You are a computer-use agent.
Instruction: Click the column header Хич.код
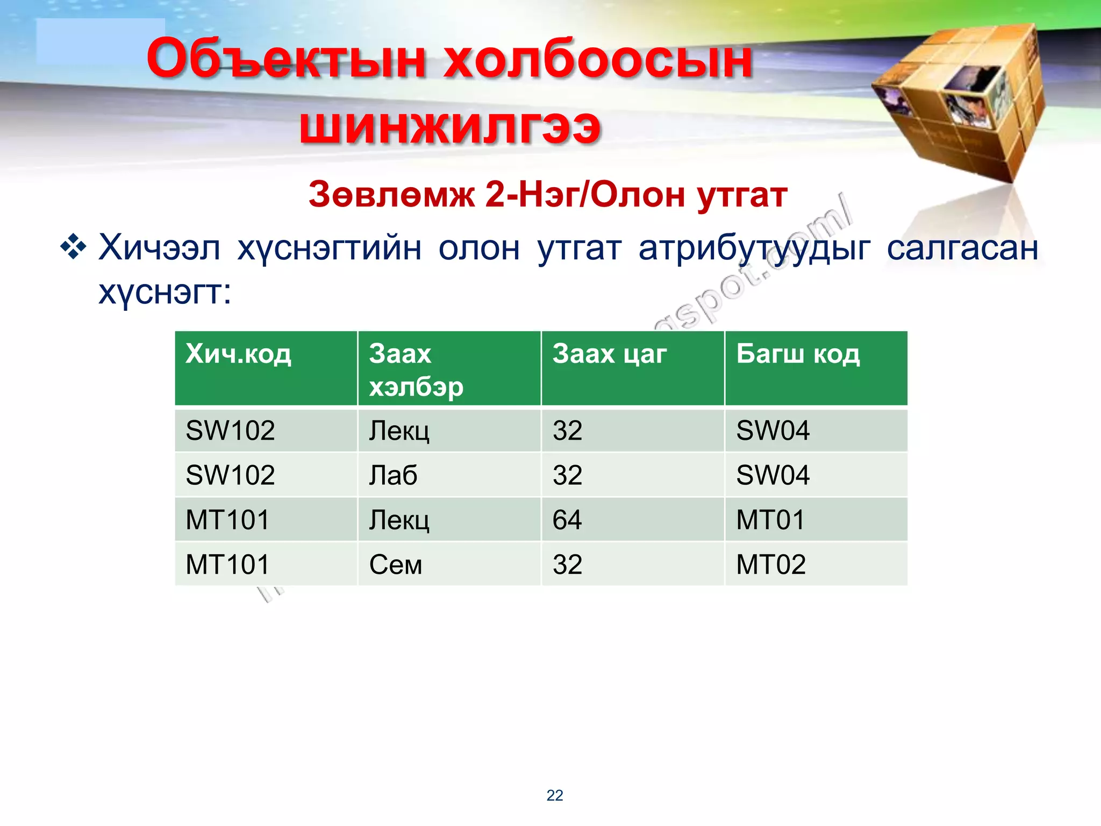[238, 355]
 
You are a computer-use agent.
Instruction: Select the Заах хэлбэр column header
[416, 370]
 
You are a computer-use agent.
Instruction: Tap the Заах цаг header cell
[609, 355]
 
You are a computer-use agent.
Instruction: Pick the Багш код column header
[798, 355]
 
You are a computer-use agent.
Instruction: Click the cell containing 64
[567, 520]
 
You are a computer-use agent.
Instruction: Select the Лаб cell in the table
[393, 475]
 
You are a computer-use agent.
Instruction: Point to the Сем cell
[395, 565]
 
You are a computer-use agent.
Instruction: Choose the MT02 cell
[771, 565]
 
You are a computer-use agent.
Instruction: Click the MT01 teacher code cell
[770, 520]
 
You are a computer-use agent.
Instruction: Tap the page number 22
[555, 795]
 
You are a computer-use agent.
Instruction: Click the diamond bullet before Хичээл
[73, 248]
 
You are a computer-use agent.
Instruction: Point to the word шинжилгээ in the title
[450, 127]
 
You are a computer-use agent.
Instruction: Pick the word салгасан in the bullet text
[962, 248]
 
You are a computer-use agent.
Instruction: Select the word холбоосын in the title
[597, 59]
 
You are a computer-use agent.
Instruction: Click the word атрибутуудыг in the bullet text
[754, 248]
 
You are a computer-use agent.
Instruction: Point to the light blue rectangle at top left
[101, 41]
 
